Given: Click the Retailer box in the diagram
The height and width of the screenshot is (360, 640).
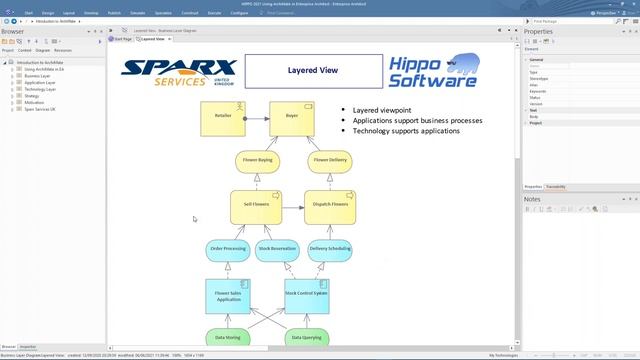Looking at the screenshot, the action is [223, 117].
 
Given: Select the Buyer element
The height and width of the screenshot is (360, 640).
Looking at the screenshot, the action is [292, 117].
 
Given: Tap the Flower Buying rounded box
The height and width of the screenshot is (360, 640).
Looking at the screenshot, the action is [258, 160].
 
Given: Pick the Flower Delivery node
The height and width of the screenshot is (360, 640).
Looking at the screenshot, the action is [329, 160].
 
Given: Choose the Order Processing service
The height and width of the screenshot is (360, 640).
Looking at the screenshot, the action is [228, 248].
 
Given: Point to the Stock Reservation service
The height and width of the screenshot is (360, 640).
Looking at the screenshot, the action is [278, 248].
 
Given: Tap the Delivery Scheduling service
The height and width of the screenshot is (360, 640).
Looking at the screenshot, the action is [330, 248].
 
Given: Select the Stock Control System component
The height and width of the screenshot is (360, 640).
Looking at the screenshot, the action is [306, 294].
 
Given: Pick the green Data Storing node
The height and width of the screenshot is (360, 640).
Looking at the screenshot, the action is [228, 339].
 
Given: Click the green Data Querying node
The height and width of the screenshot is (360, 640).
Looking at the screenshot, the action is [306, 339].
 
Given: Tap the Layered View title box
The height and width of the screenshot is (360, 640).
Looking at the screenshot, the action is [311, 72].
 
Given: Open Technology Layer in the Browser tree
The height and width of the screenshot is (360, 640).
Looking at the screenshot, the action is [41, 89].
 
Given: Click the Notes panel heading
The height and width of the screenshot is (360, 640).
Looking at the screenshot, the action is [533, 200].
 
